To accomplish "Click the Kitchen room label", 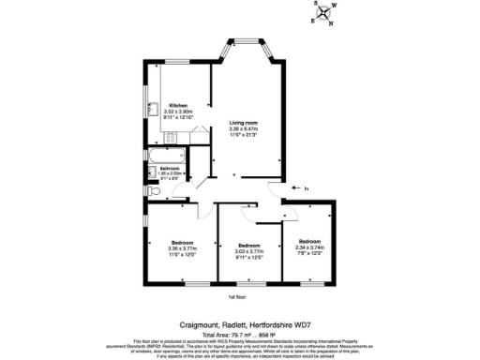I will pos(179,105).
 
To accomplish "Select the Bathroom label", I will pos(169,169).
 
